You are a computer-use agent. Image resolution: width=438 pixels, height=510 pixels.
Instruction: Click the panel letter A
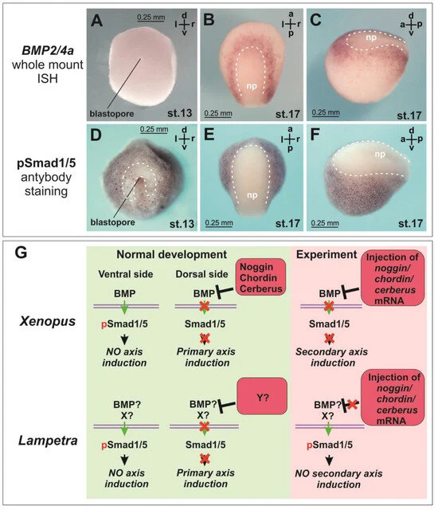(97, 21)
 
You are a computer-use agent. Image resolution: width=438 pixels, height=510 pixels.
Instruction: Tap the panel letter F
(315, 135)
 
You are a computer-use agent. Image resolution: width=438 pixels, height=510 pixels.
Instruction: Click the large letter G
(22, 253)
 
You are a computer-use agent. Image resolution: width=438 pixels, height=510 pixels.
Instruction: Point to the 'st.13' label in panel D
(182, 224)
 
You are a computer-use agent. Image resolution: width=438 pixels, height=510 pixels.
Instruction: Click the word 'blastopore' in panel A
(111, 113)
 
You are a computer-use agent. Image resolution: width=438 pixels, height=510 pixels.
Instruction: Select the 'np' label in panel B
(252, 86)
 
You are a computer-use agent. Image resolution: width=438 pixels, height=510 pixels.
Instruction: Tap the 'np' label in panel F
(380, 154)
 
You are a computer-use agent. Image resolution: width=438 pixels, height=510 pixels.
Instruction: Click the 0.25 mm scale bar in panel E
(219, 226)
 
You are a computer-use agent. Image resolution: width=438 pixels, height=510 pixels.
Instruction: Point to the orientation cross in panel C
(411, 25)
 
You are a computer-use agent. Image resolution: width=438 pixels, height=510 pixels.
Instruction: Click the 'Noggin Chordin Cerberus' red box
(260, 277)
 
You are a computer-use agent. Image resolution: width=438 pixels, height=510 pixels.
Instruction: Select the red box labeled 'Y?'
(263, 396)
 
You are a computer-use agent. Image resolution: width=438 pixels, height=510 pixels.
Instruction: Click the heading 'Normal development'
(171, 254)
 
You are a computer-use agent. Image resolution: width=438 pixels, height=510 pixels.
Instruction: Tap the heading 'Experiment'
(327, 255)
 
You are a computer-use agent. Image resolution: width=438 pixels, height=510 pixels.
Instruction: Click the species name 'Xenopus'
(48, 321)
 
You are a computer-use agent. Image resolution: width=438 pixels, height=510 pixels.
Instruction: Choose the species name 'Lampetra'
(48, 441)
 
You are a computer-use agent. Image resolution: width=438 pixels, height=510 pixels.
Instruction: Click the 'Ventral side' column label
(126, 274)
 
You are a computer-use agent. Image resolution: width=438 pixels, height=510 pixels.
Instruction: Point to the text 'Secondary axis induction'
(332, 357)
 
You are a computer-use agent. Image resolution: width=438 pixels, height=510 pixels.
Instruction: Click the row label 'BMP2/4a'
(48, 50)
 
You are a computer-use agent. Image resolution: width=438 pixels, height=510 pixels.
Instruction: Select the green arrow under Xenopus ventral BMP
(124, 307)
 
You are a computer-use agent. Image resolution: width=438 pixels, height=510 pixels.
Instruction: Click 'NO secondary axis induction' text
(338, 479)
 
